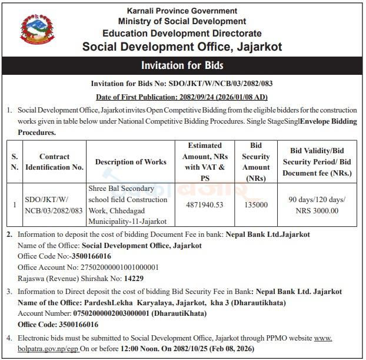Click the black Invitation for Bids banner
tap(182, 65)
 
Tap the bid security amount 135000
tap(255, 204)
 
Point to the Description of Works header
tap(131, 162)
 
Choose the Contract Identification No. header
tap(54, 162)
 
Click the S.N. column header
tap(14, 162)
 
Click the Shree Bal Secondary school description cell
tap(128, 204)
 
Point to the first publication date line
tap(182, 97)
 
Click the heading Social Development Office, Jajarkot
tap(182, 46)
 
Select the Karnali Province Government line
tap(182, 11)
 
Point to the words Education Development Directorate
tap(182, 33)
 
